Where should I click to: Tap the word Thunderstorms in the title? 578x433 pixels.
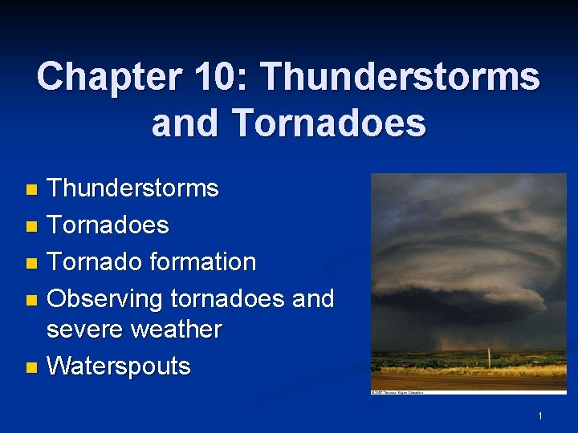(400, 77)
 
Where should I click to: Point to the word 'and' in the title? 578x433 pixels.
(185, 123)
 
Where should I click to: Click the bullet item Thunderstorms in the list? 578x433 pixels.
(132, 188)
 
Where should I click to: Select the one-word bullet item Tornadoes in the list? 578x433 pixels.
(108, 225)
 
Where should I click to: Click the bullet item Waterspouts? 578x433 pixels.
(119, 366)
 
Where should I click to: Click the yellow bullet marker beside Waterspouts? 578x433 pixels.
(31, 367)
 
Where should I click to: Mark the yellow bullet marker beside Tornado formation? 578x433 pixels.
(31, 263)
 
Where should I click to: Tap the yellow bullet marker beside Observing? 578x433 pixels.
(31, 300)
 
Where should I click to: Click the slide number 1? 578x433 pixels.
(540, 415)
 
